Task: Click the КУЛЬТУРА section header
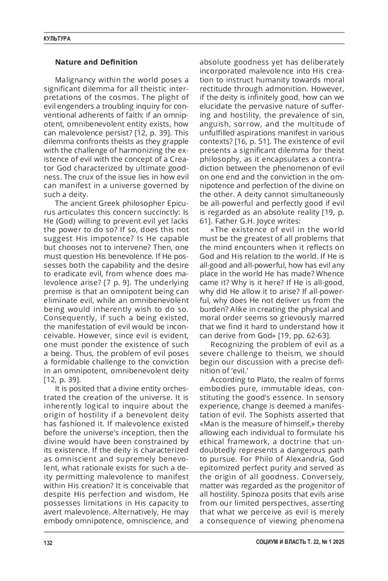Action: click(x=57, y=39)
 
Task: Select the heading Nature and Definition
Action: click(x=96, y=62)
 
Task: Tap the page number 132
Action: click(x=48, y=543)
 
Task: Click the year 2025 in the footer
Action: click(x=338, y=543)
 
